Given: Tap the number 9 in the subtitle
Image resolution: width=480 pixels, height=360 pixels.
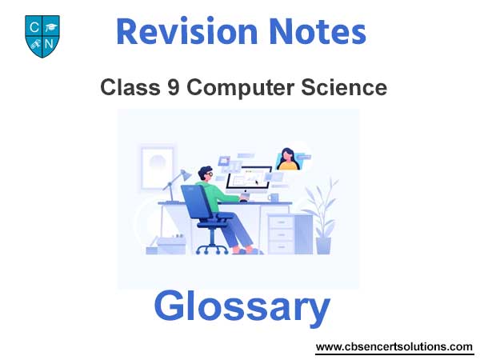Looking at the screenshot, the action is tap(174, 87).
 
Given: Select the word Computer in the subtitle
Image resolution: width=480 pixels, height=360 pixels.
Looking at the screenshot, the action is tap(241, 89).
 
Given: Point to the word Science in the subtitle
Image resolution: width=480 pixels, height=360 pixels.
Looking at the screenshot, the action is tap(344, 87).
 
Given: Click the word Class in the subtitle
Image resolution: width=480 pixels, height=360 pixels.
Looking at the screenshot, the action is tap(130, 87).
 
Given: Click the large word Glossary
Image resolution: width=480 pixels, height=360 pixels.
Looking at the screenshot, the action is tap(242, 307).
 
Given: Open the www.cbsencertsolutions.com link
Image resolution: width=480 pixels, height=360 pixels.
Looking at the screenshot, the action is tap(394, 347).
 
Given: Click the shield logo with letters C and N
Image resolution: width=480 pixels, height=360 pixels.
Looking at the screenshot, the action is tap(42, 37).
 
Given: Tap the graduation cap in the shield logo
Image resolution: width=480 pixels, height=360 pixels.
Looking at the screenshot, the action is tap(50, 27).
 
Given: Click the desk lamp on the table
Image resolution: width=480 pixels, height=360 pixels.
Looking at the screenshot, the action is tap(177, 186).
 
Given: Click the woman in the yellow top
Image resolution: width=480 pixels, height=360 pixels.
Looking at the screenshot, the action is tap(287, 159).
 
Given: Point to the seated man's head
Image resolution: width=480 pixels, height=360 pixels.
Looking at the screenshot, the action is tap(206, 174).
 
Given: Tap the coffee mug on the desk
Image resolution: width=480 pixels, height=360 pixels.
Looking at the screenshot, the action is tap(274, 198).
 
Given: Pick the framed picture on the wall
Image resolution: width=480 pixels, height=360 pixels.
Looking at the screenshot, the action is tap(158, 167).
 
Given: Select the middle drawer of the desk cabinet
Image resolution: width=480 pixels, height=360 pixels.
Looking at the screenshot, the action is tap(281, 234).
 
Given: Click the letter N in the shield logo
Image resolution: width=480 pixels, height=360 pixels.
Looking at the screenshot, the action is tap(49, 44).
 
